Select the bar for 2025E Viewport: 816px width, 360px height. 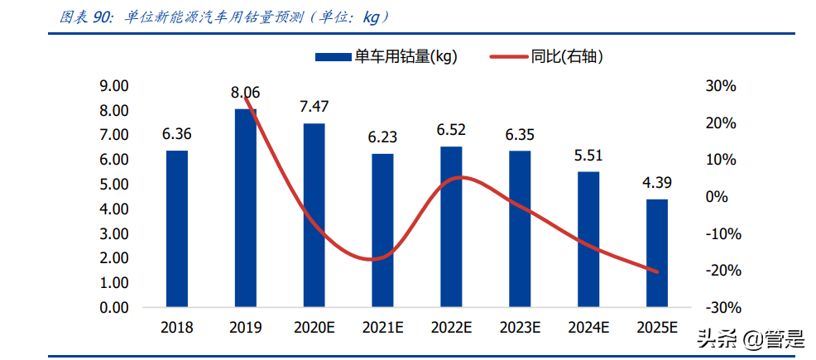point(656,253)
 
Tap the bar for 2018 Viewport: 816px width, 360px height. point(177,229)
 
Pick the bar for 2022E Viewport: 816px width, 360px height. point(451,227)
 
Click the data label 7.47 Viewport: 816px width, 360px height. point(314,106)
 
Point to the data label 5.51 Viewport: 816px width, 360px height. point(588,155)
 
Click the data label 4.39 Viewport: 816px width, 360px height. point(656,182)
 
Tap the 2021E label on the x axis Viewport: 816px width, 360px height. point(382,328)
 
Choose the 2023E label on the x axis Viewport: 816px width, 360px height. point(520,328)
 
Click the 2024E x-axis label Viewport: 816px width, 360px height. point(588,328)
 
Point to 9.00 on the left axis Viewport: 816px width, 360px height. point(114,86)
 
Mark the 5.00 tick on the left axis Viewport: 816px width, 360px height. point(114,185)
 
